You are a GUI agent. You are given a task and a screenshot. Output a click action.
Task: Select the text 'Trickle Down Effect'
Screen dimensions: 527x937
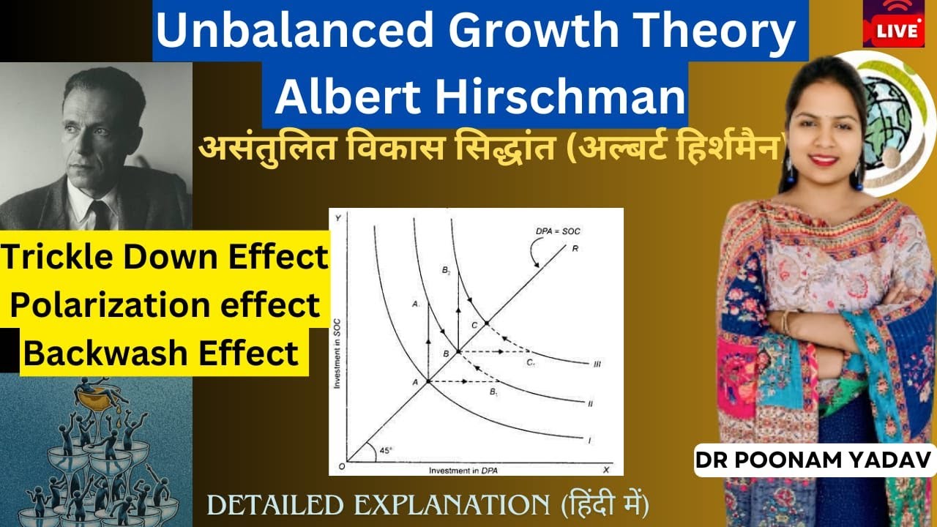coord(165,258)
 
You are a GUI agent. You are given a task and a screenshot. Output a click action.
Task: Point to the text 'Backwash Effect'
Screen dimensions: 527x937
coord(162,353)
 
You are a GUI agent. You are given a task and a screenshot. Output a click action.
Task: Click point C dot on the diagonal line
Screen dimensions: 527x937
coord(486,323)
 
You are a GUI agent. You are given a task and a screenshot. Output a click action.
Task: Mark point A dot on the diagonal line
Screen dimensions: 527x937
coord(428,381)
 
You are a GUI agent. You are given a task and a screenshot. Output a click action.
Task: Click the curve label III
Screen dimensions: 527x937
coord(597,365)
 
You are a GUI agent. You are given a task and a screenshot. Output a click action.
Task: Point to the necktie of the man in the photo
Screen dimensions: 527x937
coord(97,213)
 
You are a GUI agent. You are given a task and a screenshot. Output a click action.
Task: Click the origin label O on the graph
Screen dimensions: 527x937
coord(340,466)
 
